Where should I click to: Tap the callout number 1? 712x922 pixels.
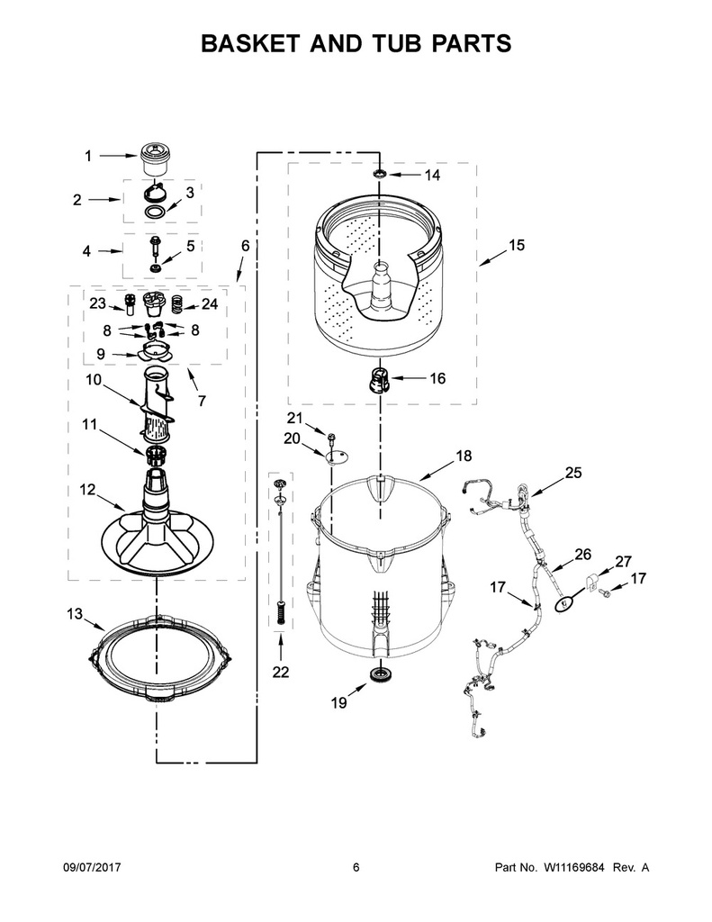tap(88, 156)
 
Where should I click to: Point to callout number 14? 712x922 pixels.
tap(432, 175)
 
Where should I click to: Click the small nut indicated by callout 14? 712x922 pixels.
tap(379, 174)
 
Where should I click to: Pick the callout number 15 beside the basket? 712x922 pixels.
tap(516, 245)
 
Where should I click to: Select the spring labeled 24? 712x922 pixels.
tap(177, 303)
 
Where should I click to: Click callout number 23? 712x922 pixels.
tap(97, 303)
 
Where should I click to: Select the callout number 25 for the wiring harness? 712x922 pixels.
tap(573, 472)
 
